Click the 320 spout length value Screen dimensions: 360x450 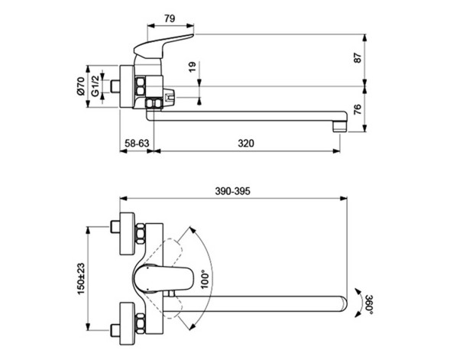tap(246, 142)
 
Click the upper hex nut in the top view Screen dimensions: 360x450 tap(143, 231)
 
